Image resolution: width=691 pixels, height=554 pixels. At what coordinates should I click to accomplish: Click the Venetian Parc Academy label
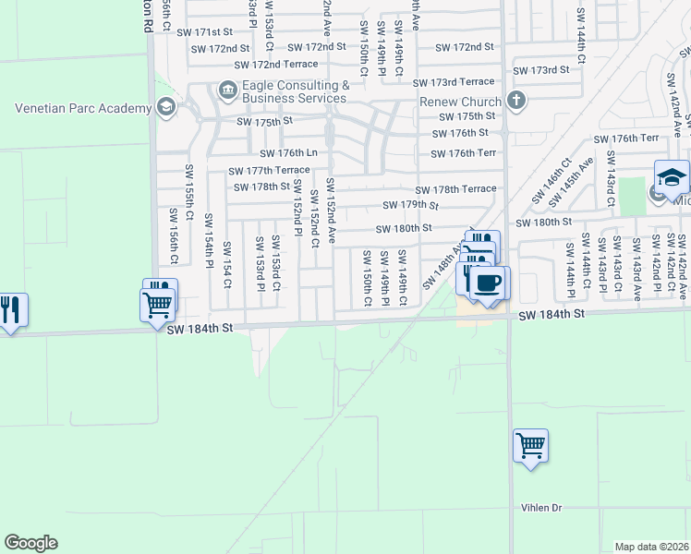[83, 108]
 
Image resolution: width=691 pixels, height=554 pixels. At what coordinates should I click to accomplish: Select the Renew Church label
[460, 101]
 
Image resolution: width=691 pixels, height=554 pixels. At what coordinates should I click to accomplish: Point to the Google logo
[30, 543]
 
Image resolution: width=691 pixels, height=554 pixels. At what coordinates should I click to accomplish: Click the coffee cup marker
[487, 282]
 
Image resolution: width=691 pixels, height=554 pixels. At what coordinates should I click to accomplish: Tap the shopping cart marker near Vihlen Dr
[530, 446]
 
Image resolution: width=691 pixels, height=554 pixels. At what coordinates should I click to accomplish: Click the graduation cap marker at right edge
[672, 176]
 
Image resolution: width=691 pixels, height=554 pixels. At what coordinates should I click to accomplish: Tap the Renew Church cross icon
[515, 100]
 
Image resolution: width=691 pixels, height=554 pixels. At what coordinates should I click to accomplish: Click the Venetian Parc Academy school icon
[166, 107]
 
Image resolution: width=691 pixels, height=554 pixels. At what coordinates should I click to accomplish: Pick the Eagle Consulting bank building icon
[225, 90]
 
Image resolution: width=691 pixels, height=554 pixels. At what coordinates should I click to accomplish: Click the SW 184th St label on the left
[196, 327]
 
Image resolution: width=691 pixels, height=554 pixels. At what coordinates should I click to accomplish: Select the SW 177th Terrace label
[270, 171]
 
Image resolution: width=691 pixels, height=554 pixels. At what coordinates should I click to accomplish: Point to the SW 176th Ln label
[288, 153]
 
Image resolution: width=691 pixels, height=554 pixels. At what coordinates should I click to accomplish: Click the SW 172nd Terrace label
[275, 65]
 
